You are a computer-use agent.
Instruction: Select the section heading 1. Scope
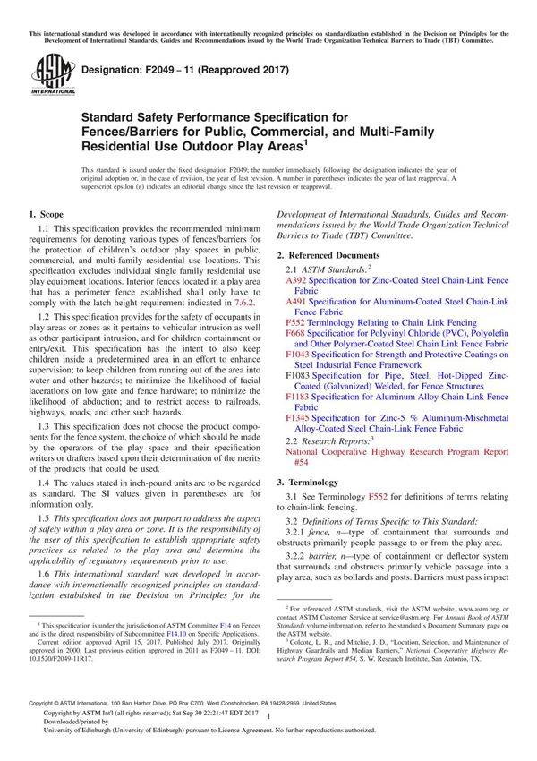pyautogui.click(x=46, y=216)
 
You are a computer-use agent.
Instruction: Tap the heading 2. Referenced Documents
pyautogui.click(x=328, y=254)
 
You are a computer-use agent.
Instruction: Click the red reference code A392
pyautogui.click(x=296, y=280)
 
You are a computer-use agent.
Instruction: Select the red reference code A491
pyautogui.click(x=296, y=302)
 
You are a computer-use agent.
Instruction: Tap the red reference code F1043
pyautogui.click(x=299, y=354)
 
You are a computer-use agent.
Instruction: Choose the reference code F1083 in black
pyautogui.click(x=299, y=375)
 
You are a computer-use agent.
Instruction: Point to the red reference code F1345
pyautogui.click(x=299, y=417)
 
